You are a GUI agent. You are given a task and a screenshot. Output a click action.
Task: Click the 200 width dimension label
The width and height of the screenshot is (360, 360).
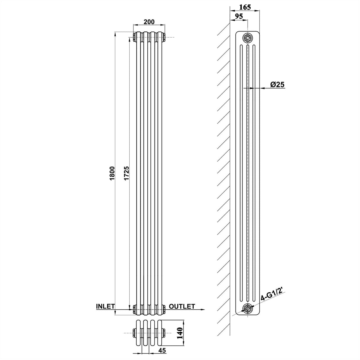point(149,22)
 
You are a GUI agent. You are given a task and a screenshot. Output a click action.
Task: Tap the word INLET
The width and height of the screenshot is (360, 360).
point(105,306)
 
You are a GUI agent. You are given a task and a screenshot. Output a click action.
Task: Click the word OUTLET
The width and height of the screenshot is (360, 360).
point(182,306)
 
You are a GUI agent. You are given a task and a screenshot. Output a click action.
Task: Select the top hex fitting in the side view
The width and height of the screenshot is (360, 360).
point(247,37)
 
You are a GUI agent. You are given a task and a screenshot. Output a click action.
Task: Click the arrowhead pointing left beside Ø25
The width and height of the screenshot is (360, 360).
point(253,88)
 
